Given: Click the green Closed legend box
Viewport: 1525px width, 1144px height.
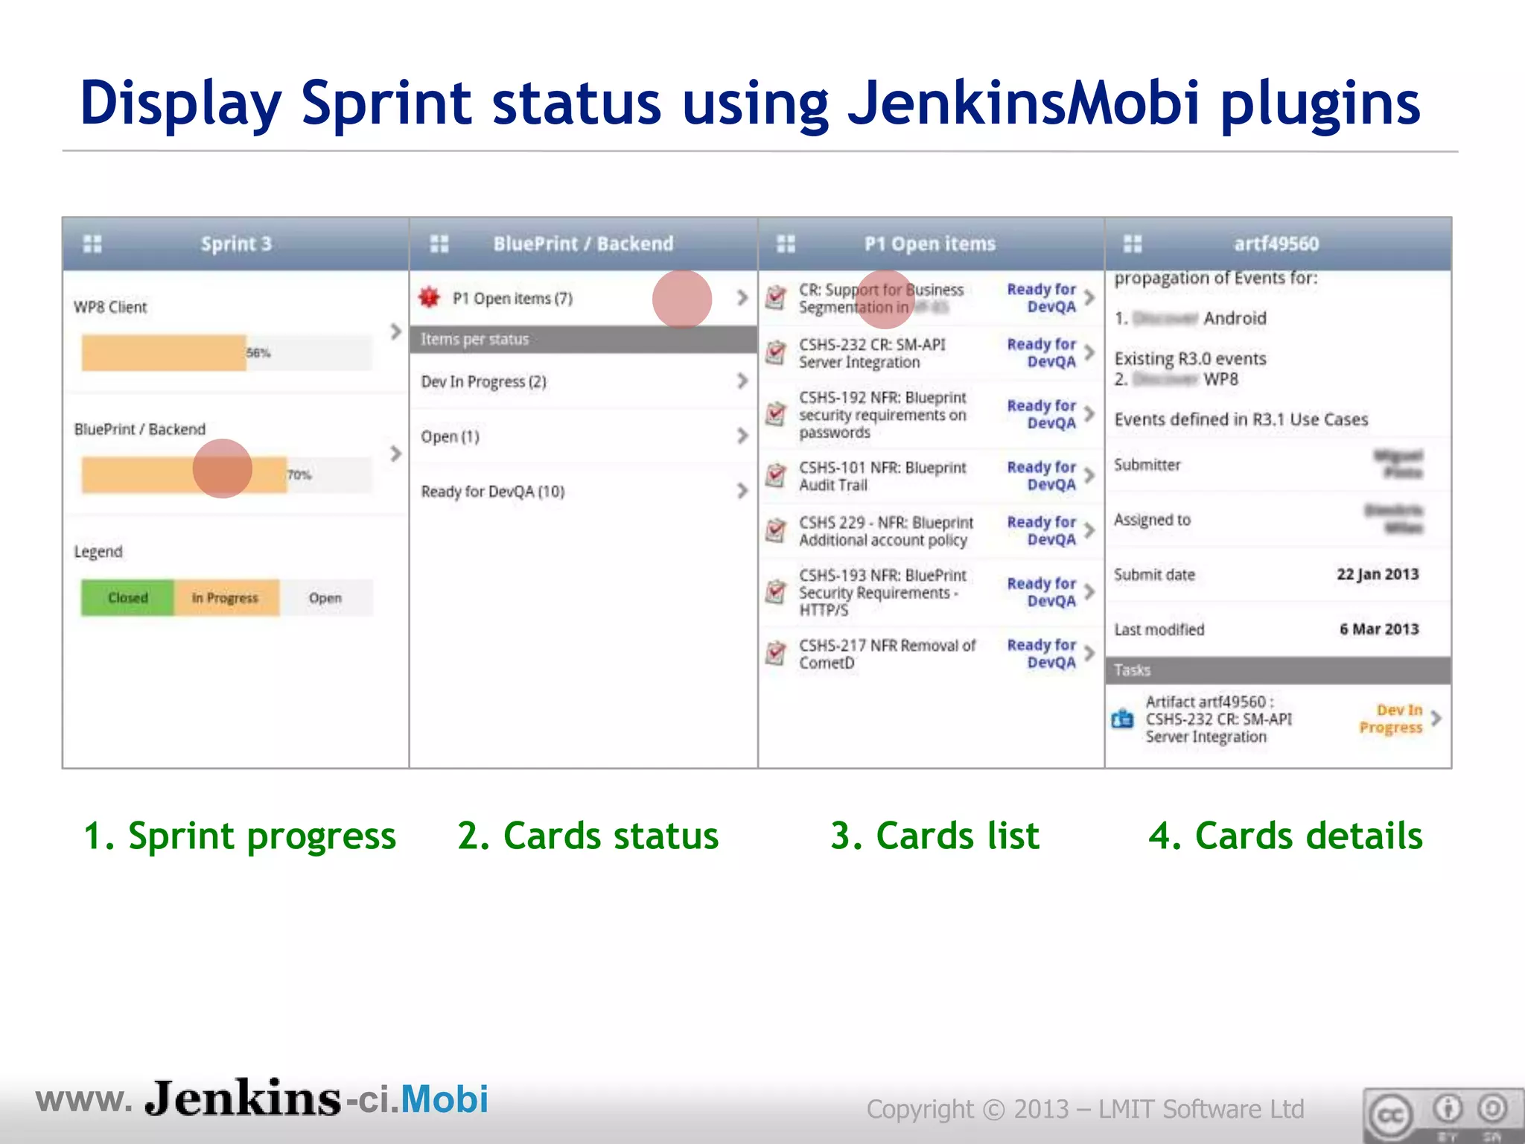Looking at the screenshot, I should coord(127,598).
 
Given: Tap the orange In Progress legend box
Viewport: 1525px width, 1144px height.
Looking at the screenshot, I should coord(226,598).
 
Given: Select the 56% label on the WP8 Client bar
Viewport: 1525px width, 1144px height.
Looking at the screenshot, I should coord(258,353).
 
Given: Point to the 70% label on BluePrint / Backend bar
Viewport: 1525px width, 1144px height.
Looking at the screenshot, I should coord(299,475).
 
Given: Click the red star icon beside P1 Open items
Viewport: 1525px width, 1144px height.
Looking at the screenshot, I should coord(429,298).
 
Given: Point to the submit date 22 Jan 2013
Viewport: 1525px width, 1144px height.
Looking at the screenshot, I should coord(1377,574).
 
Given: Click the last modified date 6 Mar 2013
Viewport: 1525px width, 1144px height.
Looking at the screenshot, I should coord(1378,629).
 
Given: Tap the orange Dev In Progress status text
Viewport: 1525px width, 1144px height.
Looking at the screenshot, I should coord(1391,719).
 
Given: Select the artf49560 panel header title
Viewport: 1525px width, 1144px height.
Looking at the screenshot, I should coord(1276,244).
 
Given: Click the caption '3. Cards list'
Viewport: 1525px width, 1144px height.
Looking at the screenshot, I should coord(935,836).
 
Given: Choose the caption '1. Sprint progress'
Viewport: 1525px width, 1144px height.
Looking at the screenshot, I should coord(239,836).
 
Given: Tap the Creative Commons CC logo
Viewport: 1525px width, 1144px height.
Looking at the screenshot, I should coord(1389,1115).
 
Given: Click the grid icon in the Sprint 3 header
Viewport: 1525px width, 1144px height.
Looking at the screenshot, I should coord(92,244).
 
